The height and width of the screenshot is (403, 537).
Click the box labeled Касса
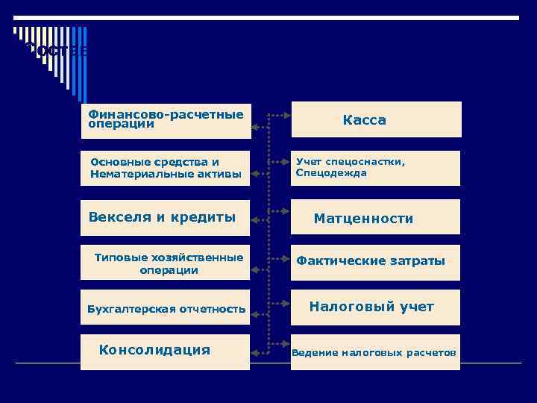[376, 119]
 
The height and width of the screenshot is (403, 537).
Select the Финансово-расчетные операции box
[166, 120]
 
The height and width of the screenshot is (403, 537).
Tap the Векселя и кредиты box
[166, 218]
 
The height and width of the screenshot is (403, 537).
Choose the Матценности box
[376, 218]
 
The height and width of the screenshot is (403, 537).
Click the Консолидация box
[166, 351]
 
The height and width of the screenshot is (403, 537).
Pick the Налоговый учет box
[375, 307]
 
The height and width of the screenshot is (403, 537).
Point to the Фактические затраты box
[375, 262]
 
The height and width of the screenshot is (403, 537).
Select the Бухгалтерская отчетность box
[166, 308]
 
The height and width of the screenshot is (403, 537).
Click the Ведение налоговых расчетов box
[375, 352]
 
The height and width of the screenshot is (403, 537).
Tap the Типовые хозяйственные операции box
[166, 263]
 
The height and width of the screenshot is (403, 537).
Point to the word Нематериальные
[131, 175]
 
